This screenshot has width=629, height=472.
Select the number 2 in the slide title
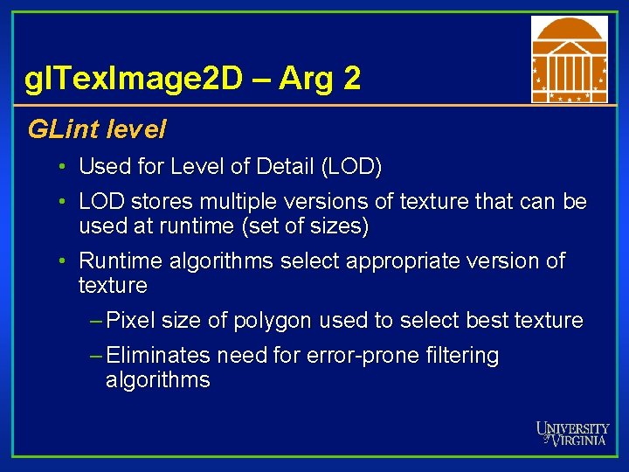(351, 79)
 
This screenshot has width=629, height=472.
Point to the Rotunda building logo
(569, 59)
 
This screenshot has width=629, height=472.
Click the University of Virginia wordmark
(572, 434)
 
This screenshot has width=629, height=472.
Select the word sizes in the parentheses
(342, 227)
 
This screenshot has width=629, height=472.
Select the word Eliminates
(158, 356)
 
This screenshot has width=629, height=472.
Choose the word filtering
(457, 357)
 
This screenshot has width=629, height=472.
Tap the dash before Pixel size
(96, 321)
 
